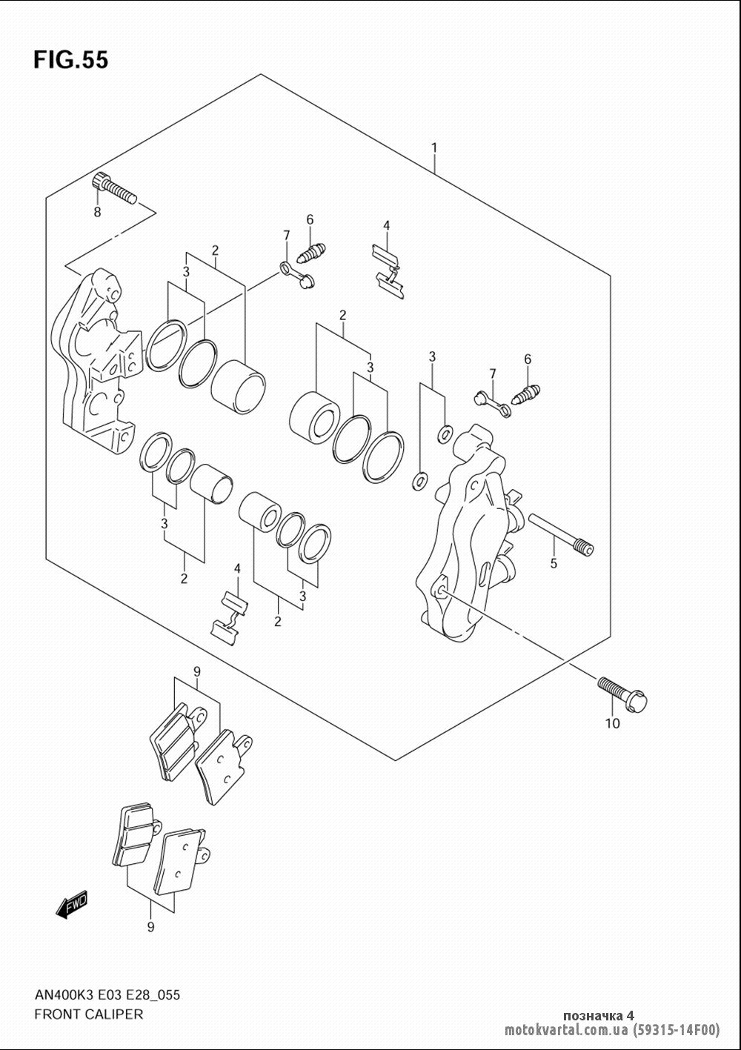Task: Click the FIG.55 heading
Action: click(71, 60)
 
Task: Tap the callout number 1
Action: click(434, 148)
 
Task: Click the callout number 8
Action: click(98, 213)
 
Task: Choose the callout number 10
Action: click(613, 723)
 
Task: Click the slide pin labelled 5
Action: click(561, 534)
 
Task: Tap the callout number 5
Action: click(554, 563)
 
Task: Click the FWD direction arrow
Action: click(72, 904)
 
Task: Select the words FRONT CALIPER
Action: click(89, 1014)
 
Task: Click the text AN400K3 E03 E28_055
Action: click(107, 994)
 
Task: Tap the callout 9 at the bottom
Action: click(150, 927)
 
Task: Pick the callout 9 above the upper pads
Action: click(197, 672)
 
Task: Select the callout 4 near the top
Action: click(386, 226)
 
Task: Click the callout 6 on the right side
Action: click(528, 359)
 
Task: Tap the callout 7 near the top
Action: click(286, 235)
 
